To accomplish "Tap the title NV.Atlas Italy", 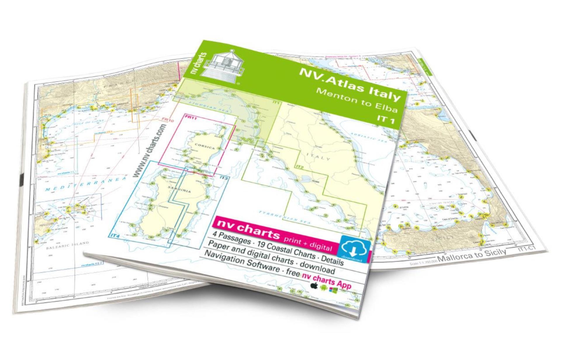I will point(349,85).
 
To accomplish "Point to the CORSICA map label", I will point(205,146).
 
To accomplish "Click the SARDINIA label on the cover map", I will point(179,189).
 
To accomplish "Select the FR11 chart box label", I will point(191,117).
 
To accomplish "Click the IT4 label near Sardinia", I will point(115,235).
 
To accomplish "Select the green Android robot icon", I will point(323,288).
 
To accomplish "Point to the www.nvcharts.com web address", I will point(150,150).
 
